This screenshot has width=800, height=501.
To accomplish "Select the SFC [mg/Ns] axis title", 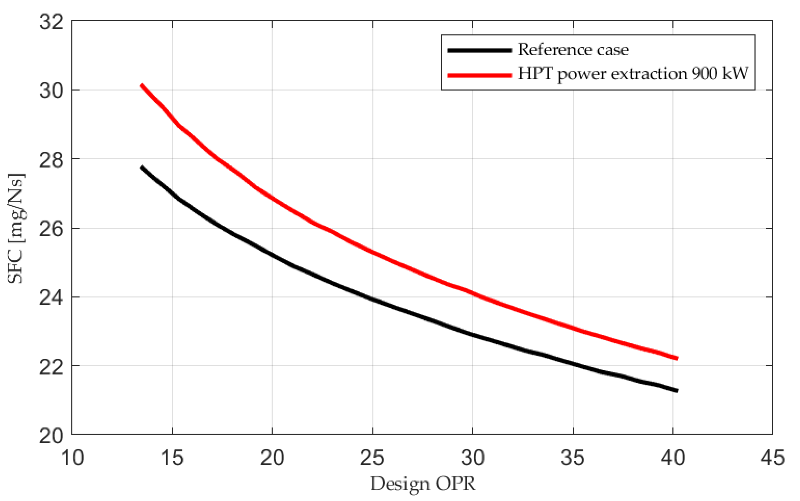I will point(16,229).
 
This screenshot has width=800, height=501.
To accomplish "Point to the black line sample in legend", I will point(480,50).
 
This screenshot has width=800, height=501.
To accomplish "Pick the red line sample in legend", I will point(480,75).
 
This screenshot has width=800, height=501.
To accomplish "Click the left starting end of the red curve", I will point(142,85).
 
